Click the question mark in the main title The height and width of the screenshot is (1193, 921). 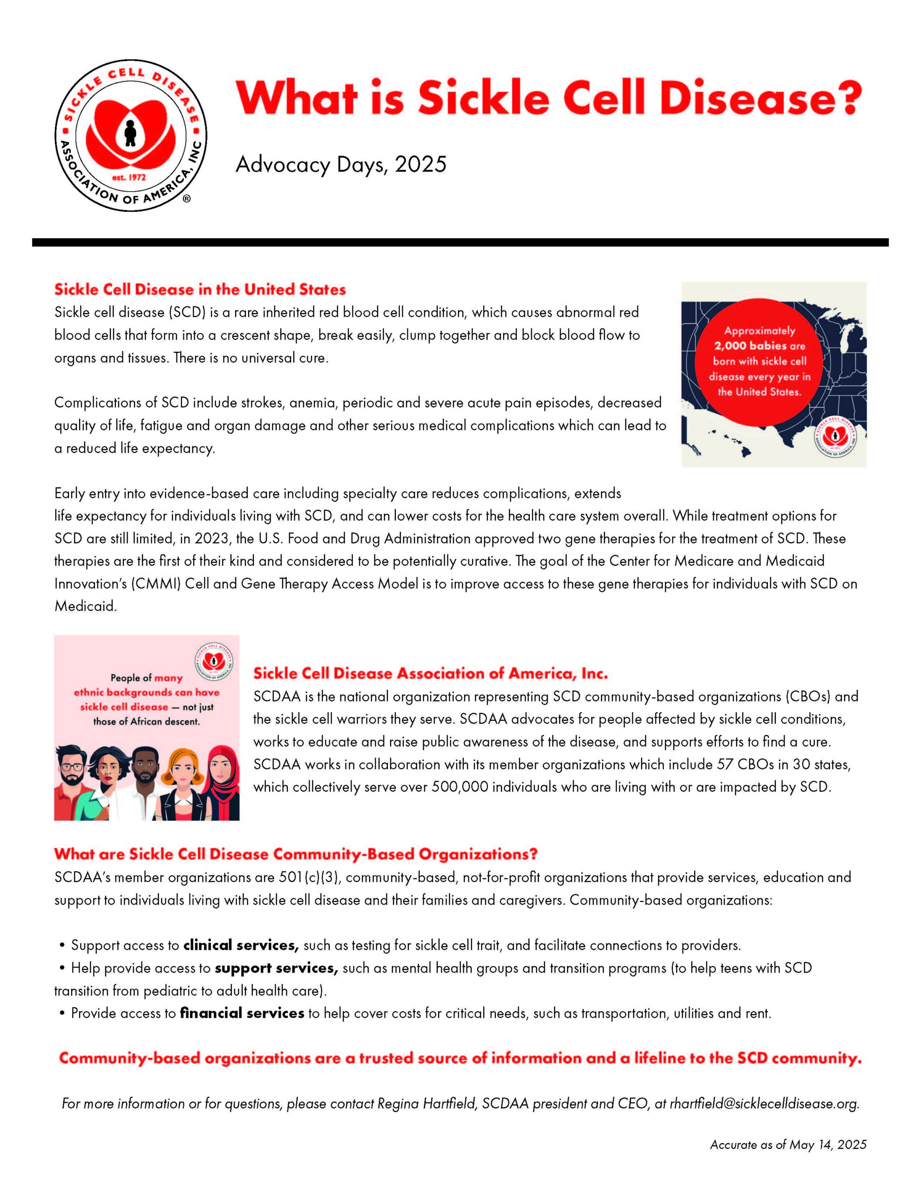point(848,98)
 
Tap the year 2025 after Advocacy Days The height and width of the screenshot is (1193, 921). point(420,165)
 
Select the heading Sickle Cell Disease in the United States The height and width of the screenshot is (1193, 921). point(200,289)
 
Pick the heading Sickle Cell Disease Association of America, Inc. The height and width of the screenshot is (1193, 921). point(430,673)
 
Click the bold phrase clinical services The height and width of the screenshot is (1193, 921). point(241,946)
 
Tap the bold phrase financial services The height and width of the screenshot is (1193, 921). point(242,1013)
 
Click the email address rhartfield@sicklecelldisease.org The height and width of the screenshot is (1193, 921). point(764,1104)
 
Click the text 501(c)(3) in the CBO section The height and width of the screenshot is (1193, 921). point(310,877)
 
